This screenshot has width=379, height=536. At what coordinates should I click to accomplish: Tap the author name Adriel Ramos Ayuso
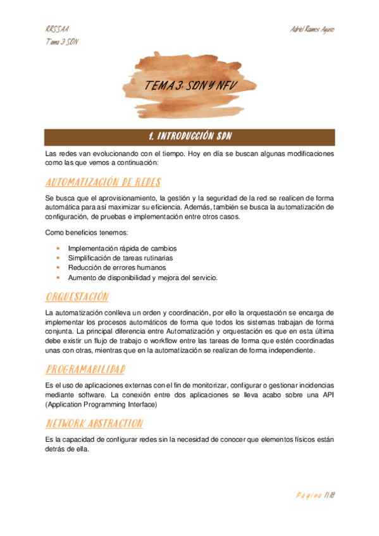click(312, 30)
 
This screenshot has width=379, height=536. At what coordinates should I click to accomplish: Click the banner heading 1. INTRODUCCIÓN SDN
click(189, 137)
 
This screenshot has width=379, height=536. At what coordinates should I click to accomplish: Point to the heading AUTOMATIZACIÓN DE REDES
click(103, 183)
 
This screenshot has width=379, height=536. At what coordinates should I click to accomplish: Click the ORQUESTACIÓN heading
click(77, 297)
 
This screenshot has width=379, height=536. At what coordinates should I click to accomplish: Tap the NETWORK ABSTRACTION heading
click(94, 423)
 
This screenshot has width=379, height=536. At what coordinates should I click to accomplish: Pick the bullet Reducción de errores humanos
click(113, 267)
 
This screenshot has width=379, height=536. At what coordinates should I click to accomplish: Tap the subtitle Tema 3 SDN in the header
click(62, 42)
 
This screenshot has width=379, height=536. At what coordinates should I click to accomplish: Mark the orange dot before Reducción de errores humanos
click(58, 267)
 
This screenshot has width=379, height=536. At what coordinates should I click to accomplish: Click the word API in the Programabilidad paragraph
click(327, 395)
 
